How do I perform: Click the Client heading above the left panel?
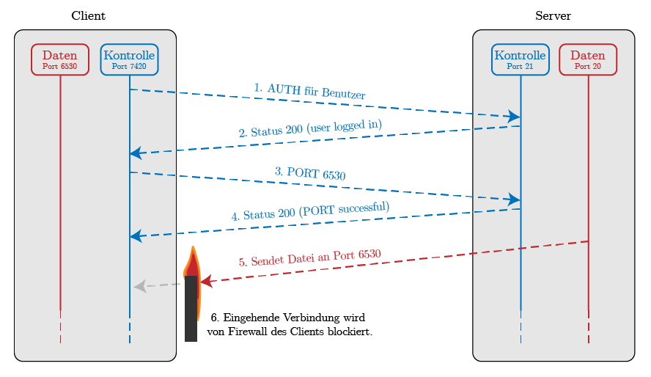coord(88,15)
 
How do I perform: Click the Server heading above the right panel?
coord(553,15)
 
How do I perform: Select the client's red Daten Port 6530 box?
coord(60,59)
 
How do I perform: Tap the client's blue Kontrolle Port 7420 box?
coord(129,59)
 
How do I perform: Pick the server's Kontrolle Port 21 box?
coord(520,59)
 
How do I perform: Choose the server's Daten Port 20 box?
coord(588,59)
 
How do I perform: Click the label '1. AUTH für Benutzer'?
coord(310,91)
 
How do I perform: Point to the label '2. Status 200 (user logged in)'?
coord(310,128)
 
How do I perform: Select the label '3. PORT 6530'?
coord(310,174)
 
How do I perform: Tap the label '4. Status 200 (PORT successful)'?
coord(310,211)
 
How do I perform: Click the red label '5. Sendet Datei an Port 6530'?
coord(310,257)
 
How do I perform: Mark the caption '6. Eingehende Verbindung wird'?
coord(288,318)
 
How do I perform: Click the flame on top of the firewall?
coord(191,263)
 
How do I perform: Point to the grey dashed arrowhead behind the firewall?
coord(140,287)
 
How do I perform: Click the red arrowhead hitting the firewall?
coord(206,281)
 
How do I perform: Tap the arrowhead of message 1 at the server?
coord(514,117)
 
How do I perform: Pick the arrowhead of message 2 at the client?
coord(136,153)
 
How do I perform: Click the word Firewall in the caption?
coord(250,332)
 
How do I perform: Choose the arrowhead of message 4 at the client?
coord(136,236)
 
